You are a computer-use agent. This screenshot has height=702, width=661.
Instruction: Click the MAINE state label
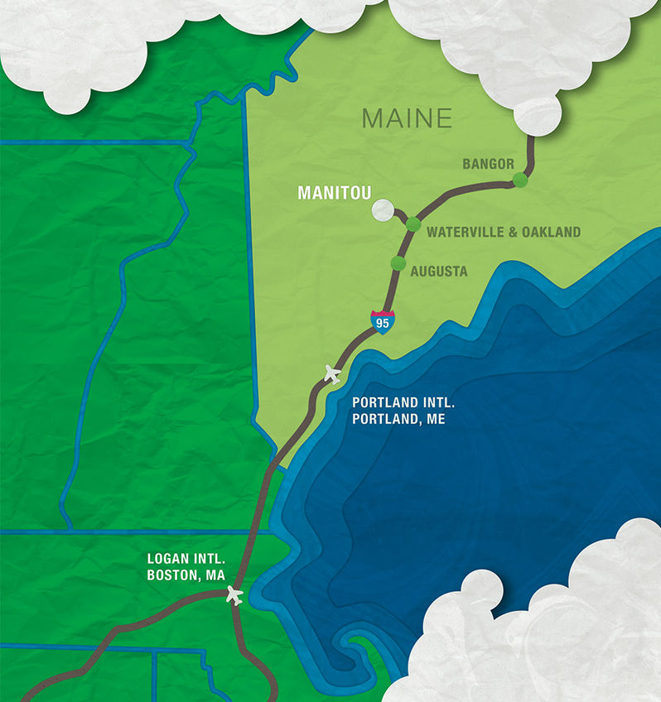pyautogui.click(x=407, y=118)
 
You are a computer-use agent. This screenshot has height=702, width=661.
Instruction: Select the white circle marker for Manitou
pyautogui.click(x=383, y=211)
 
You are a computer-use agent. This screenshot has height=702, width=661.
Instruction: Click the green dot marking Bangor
pyautogui.click(x=520, y=180)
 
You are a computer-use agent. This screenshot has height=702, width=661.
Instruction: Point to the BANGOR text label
pyautogui.click(x=488, y=164)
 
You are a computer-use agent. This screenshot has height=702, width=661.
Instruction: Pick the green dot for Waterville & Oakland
pyautogui.click(x=413, y=223)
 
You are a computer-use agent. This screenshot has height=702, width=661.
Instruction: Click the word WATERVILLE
pyautogui.click(x=465, y=233)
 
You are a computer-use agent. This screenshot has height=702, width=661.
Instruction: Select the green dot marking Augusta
pyautogui.click(x=398, y=263)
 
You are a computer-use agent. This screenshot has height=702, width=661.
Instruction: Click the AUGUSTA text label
pyautogui.click(x=439, y=272)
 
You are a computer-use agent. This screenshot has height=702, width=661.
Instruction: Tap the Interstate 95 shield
pyautogui.click(x=382, y=321)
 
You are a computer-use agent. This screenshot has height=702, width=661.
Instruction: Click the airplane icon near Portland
pyautogui.click(x=333, y=374)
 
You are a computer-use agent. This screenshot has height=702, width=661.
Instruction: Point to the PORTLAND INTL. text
pyautogui.click(x=403, y=403)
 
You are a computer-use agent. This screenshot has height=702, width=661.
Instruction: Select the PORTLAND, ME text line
pyautogui.click(x=398, y=420)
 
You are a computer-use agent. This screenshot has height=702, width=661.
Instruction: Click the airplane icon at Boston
pyautogui.click(x=234, y=594)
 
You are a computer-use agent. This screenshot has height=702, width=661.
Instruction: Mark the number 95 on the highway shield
pyautogui.click(x=382, y=324)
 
